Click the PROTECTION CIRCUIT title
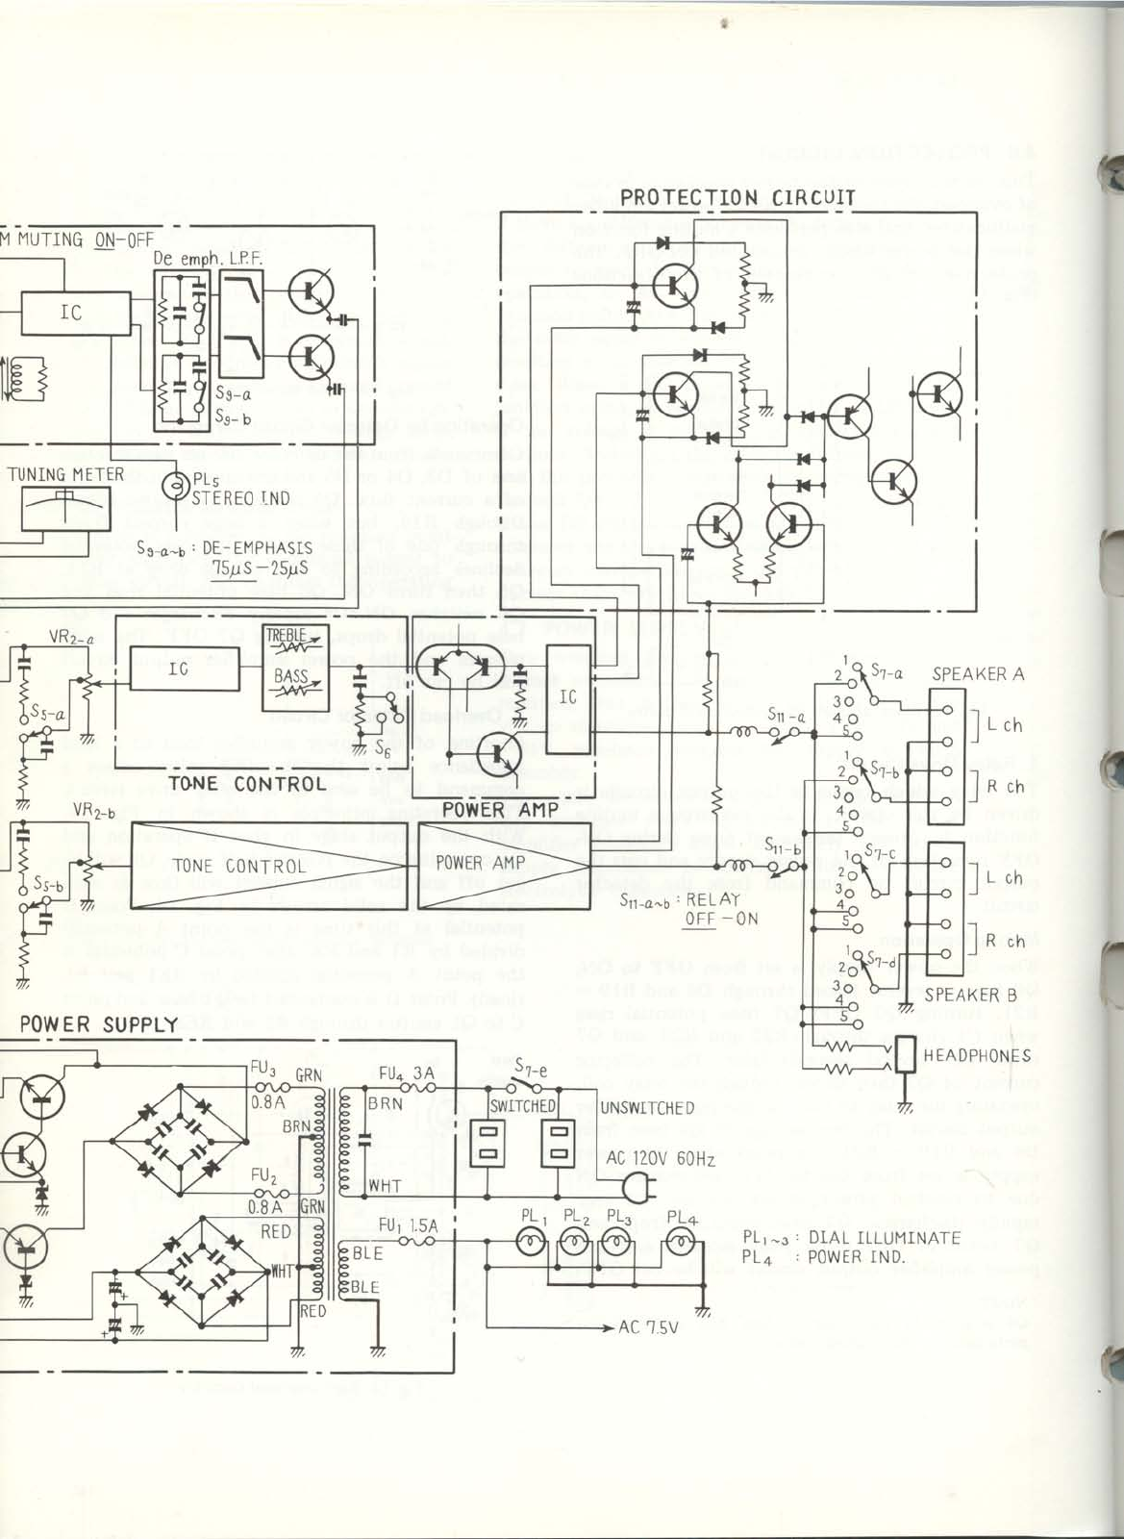737,198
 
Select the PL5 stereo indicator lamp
177,487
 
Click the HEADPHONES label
976,1055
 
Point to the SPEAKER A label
978,673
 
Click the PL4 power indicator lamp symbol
680,1244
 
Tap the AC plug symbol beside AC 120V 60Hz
637,1189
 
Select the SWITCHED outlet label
522,1107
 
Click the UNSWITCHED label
647,1108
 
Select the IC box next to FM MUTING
72,313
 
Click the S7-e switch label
531,1066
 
